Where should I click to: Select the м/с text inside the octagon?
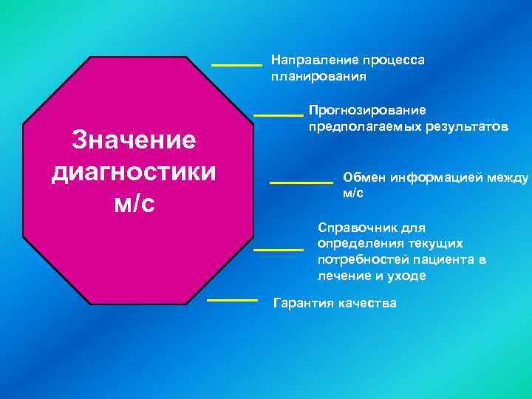click(x=134, y=203)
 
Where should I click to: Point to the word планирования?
click(x=318, y=76)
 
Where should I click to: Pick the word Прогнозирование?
click(x=367, y=110)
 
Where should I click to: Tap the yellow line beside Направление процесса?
click(x=236, y=65)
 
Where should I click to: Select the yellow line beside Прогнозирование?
click(x=279, y=115)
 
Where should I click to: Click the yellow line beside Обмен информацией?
click(x=301, y=182)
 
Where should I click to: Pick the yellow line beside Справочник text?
click(x=279, y=250)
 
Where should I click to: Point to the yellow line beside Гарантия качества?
click(x=232, y=300)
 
